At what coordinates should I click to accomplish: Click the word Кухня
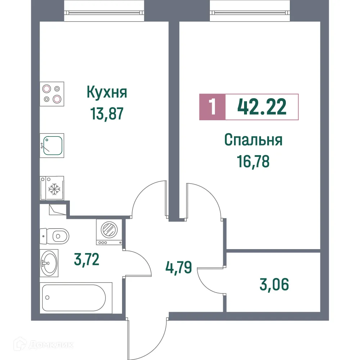[x=107, y=93]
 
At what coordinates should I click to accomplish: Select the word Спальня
[x=253, y=140]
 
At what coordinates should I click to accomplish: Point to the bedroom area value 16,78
[x=253, y=161]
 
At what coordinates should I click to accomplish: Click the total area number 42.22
[x=262, y=107]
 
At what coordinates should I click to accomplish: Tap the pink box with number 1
[x=212, y=107]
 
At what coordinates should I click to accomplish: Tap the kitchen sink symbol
[x=53, y=145]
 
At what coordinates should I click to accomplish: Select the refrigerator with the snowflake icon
[x=52, y=188]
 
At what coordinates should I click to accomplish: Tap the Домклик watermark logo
[x=45, y=345]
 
